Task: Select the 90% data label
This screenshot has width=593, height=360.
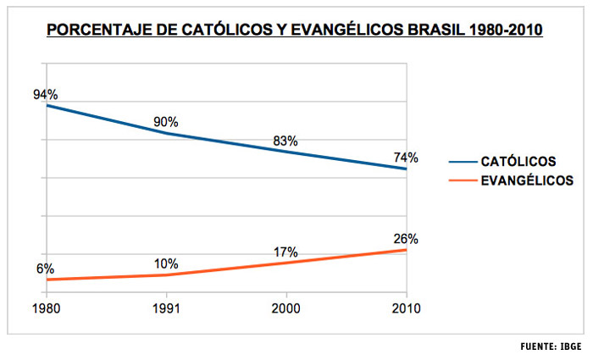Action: coord(166,121)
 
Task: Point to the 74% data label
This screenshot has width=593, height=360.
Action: coord(406,157)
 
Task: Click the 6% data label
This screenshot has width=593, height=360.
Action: coord(45,268)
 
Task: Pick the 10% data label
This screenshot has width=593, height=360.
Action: coord(166,263)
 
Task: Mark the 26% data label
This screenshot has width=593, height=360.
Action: coord(406,239)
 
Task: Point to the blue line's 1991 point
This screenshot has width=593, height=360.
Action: coord(166,133)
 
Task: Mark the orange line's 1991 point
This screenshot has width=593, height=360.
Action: coord(166,275)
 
